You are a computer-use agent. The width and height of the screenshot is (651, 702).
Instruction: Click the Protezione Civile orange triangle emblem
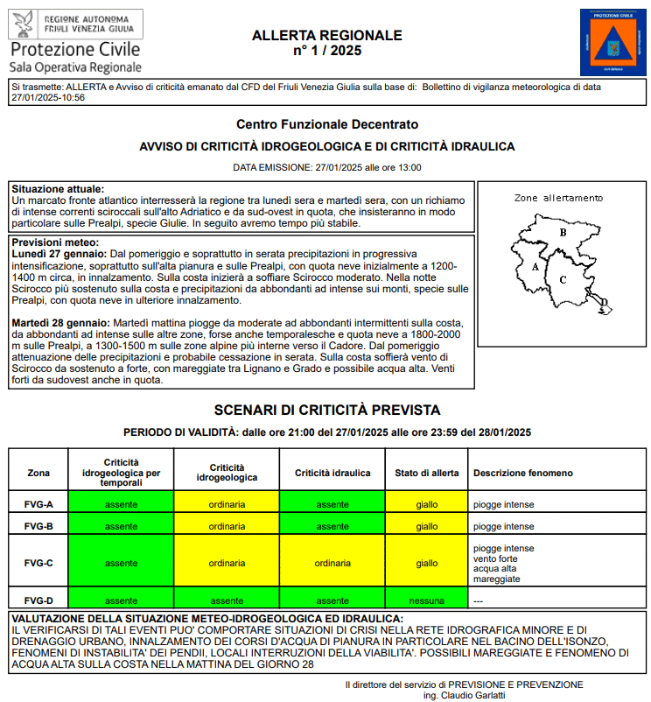coord(611,42)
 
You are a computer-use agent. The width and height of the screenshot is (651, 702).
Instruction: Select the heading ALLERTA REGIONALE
coord(326,35)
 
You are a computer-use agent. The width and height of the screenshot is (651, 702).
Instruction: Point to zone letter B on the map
coord(563,233)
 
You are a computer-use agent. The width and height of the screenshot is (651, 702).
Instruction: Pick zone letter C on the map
coord(563,280)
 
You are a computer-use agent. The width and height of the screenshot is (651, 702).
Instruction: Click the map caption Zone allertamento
coord(558,198)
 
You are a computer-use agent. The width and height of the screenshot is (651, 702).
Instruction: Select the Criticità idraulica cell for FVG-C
coord(332,563)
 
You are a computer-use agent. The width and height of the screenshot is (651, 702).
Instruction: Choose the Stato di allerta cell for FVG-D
coord(426,600)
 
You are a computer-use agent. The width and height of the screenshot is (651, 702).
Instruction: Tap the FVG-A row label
coord(38,504)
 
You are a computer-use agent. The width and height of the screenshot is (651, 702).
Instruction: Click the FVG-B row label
coord(38,526)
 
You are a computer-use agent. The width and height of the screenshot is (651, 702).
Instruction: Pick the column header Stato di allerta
coord(426,473)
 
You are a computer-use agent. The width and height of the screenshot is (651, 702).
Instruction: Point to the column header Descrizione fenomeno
coord(523,473)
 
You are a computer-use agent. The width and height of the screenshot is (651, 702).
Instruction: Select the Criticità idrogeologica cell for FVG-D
coord(227,600)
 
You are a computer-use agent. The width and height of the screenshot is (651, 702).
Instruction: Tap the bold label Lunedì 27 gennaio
coord(59,253)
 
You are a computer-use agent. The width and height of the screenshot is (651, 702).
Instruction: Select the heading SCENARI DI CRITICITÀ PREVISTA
coord(326,410)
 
